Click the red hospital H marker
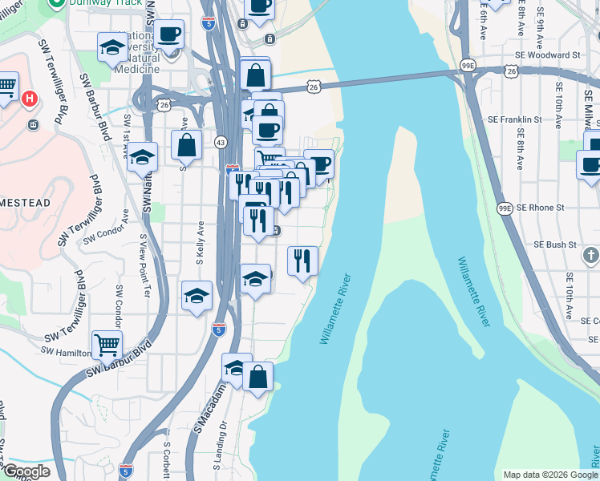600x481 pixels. (x=29, y=99)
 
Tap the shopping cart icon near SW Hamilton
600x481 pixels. (x=107, y=346)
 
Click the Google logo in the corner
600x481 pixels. (x=26, y=471)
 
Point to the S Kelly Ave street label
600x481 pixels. (x=200, y=249)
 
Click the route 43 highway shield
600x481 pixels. (x=221, y=142)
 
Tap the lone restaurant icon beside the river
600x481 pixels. (x=302, y=260)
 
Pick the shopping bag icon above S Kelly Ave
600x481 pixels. (x=186, y=145)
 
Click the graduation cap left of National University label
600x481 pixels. (x=112, y=46)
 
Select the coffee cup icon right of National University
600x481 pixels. (x=168, y=34)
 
